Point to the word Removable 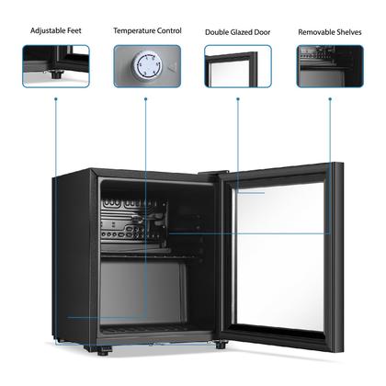click(x=316, y=32)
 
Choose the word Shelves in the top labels click(x=349, y=32)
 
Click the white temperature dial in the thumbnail click(x=146, y=65)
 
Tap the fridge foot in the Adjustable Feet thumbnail click(x=55, y=74)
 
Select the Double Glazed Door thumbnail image click(x=238, y=66)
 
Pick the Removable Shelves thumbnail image click(x=330, y=66)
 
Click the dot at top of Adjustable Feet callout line click(x=56, y=99)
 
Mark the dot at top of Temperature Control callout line click(x=146, y=99)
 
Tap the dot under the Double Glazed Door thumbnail click(x=238, y=99)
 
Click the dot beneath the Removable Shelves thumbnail click(x=330, y=99)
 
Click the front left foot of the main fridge click(x=104, y=350)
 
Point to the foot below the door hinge click(x=221, y=345)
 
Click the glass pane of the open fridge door click(x=279, y=256)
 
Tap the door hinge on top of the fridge click(x=213, y=173)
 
